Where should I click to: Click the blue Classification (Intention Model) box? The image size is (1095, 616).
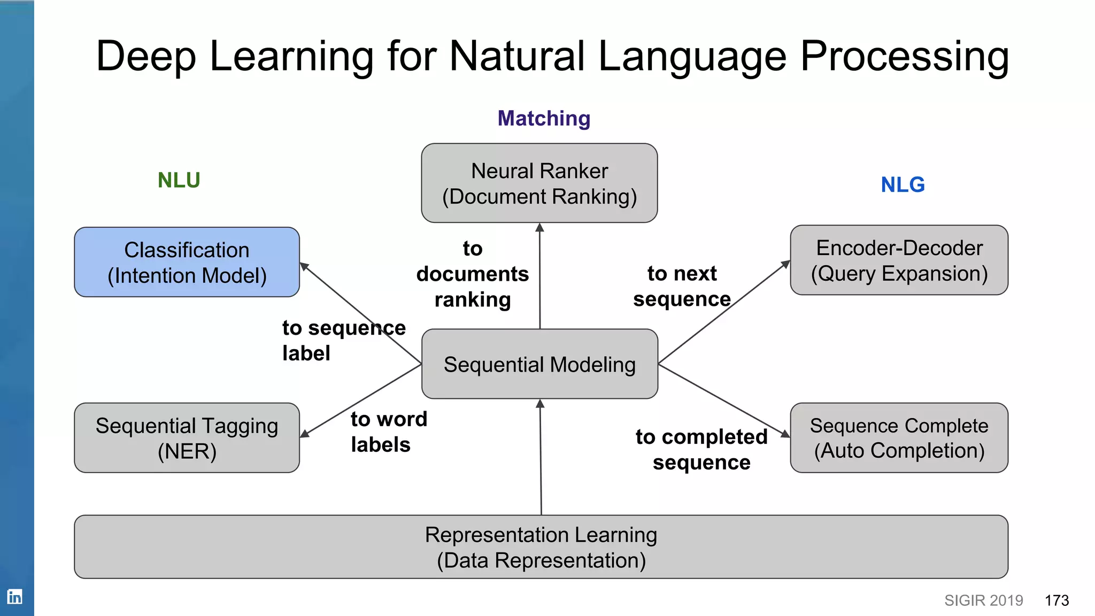point(187,262)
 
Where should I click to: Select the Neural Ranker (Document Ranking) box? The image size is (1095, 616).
point(539,183)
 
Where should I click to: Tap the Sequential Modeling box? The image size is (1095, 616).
point(539,364)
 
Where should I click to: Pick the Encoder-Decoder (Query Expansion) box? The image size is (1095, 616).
point(899,260)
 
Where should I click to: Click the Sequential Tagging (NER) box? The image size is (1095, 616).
point(187,438)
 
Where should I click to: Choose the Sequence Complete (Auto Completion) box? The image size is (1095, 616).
point(899,438)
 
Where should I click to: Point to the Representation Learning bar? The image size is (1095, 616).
point(541,547)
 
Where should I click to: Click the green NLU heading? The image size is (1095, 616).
point(179,180)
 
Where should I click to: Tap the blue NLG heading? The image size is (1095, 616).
point(903,185)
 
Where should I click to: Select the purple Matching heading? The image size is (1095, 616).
point(544,118)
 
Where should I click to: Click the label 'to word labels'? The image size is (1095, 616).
point(388,432)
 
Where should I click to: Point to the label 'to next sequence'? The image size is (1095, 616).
point(682,286)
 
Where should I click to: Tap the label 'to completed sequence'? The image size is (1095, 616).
point(701,449)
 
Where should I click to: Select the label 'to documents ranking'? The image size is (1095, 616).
point(472,274)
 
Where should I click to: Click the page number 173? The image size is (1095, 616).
point(1057,600)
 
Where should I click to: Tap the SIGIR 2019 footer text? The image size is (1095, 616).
point(983,600)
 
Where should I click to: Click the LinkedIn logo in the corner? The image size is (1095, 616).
point(14,596)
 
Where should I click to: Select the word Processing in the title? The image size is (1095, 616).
point(904,56)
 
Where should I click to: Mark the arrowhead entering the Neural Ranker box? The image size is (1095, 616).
point(539,228)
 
